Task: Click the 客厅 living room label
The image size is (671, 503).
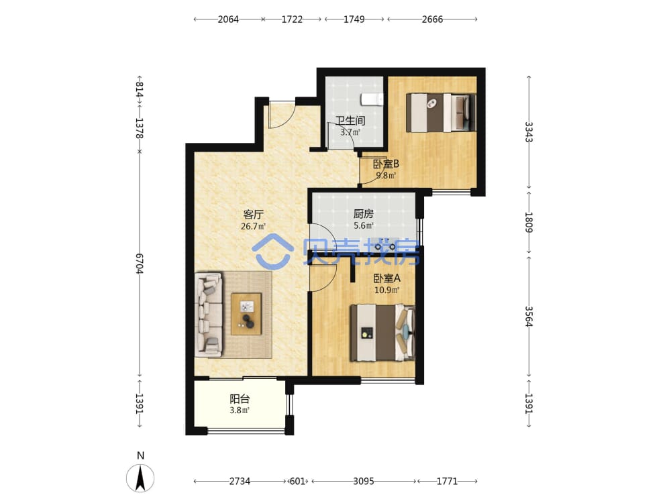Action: (x=253, y=215)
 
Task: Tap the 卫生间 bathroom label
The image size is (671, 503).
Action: (x=350, y=121)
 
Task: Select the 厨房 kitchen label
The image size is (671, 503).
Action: (x=363, y=213)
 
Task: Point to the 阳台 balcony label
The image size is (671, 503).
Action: (x=240, y=399)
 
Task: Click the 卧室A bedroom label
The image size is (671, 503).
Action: (x=387, y=278)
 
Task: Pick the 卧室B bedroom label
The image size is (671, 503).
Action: (x=386, y=164)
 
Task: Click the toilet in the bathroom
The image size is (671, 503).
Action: (x=372, y=99)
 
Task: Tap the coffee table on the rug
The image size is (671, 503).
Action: (x=246, y=314)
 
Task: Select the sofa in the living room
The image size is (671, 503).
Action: (x=209, y=315)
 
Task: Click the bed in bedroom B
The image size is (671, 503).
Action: (x=441, y=113)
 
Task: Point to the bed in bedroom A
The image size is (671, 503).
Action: (x=382, y=333)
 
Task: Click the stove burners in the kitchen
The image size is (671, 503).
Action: (x=385, y=247)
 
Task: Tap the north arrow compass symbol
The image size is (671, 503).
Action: (x=140, y=478)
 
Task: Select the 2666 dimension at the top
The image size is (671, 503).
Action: (x=432, y=19)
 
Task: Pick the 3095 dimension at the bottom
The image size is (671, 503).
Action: (x=363, y=481)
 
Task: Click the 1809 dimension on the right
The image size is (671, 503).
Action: (x=529, y=222)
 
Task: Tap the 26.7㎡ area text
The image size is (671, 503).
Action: (x=253, y=226)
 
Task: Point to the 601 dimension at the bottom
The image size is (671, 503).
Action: (x=298, y=481)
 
